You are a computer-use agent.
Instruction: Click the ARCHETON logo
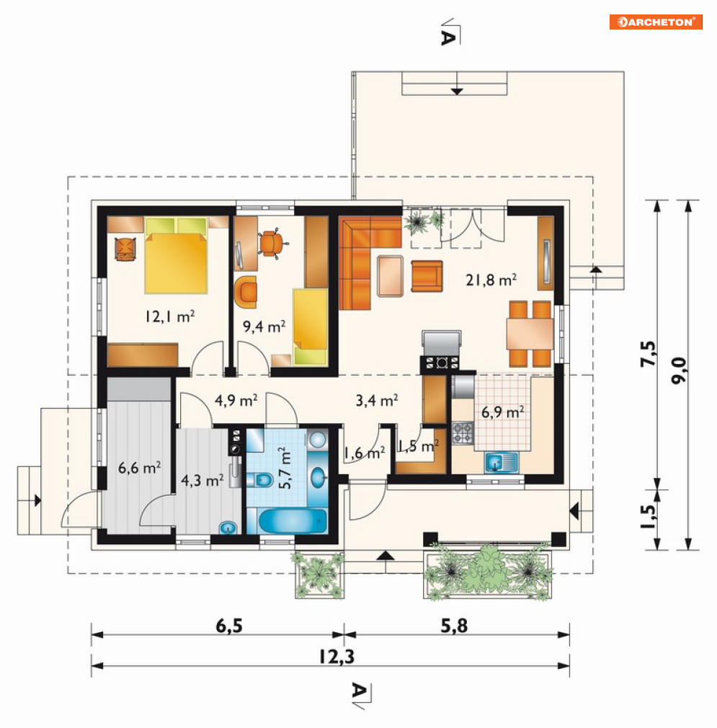point(656,22)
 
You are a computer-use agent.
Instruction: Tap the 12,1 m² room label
point(170,316)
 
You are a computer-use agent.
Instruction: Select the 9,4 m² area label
point(264,327)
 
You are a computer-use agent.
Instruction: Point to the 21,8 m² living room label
point(491,280)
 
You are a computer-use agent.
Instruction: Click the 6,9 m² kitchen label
point(502,412)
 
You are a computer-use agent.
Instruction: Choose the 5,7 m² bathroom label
point(285,468)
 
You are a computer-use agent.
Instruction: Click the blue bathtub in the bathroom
point(293,521)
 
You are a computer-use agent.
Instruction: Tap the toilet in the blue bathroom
point(259,479)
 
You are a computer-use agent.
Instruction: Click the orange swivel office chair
point(272,243)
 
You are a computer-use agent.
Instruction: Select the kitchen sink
point(502,463)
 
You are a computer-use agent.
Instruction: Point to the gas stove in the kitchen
point(463,433)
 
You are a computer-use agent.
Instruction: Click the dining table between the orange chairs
point(530,334)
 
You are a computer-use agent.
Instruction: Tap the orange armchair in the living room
point(427,276)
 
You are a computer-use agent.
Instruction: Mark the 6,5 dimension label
point(229,626)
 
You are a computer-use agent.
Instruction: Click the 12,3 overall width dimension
point(337,657)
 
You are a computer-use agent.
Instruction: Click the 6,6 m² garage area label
point(139,467)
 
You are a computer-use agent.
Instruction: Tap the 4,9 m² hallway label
point(236,400)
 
